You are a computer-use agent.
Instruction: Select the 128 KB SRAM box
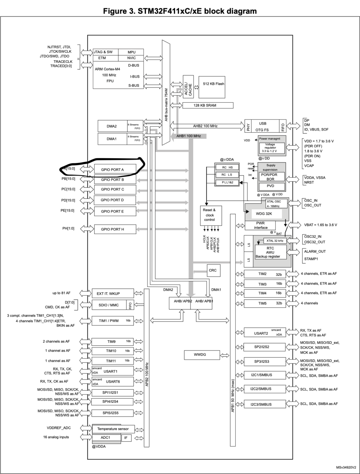pos(208,105)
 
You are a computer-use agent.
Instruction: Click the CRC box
pos(213,270)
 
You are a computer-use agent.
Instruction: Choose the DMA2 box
pos(112,126)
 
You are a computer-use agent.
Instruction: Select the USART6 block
pos(113,382)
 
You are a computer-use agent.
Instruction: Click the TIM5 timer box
pos(265,303)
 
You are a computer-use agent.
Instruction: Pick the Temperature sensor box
pos(113,429)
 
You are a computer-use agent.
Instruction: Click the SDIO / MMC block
pos(108,305)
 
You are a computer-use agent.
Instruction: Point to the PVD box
pos(270,186)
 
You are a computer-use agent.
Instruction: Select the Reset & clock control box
pos(209,215)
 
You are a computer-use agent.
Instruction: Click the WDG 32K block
pos(264,214)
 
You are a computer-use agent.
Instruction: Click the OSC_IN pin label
pos(311,201)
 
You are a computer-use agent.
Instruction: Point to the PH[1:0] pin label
pos(68,228)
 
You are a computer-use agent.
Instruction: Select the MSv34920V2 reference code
pos(346,467)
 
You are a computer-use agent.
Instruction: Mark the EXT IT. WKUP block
pos(108,293)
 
